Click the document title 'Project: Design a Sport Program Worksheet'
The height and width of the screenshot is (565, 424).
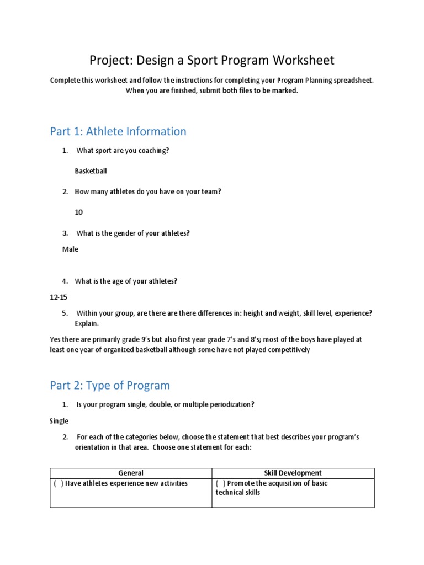(212, 60)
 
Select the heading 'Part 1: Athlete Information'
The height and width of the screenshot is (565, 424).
(118, 131)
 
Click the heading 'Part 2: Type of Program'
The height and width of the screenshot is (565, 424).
(110, 385)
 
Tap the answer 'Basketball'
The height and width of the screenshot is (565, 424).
(91, 171)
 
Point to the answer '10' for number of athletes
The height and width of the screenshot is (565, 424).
(79, 212)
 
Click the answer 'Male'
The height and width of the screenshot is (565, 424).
(70, 249)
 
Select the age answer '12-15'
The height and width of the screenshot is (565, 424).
(59, 297)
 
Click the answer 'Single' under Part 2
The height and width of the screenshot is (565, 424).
(59, 421)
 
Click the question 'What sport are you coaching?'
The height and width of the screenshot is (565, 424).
(122, 151)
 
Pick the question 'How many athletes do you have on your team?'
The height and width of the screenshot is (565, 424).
(148, 191)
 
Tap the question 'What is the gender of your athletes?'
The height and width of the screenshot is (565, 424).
(132, 233)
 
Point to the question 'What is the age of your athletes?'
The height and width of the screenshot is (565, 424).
(126, 281)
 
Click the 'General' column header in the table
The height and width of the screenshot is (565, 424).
(131, 473)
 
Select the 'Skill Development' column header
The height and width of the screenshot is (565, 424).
(293, 473)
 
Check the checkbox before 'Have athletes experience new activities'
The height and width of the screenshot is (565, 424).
(58, 483)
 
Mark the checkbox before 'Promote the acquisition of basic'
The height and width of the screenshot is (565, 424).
(220, 483)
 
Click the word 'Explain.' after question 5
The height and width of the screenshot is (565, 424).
(87, 324)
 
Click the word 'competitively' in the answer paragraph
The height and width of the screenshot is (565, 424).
(284, 350)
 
